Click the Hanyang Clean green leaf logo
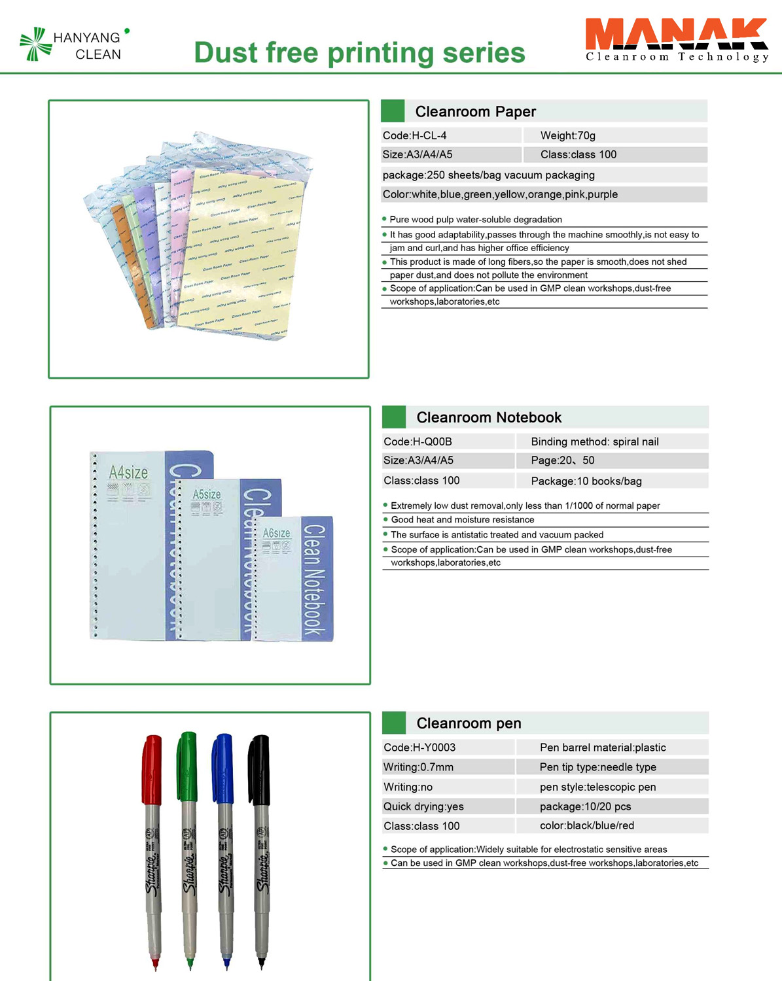tap(35, 44)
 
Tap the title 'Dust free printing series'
tap(359, 53)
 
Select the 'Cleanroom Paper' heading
tap(475, 112)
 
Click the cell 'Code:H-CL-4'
tap(415, 135)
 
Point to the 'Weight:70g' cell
tap(567, 135)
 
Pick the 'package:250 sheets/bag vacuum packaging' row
tap(488, 175)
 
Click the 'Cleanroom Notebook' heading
tap(489, 417)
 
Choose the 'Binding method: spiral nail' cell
tap(594, 441)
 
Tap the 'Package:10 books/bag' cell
tap(586, 481)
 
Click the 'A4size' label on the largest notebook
tap(128, 472)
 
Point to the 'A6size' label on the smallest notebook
tap(276, 533)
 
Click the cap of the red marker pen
tap(152, 769)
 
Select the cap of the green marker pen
tap(187, 766)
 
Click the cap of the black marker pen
tap(259, 769)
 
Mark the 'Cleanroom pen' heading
tap(469, 723)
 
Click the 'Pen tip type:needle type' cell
tap(597, 767)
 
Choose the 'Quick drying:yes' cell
tap(423, 806)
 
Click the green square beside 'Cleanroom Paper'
tap(393, 111)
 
